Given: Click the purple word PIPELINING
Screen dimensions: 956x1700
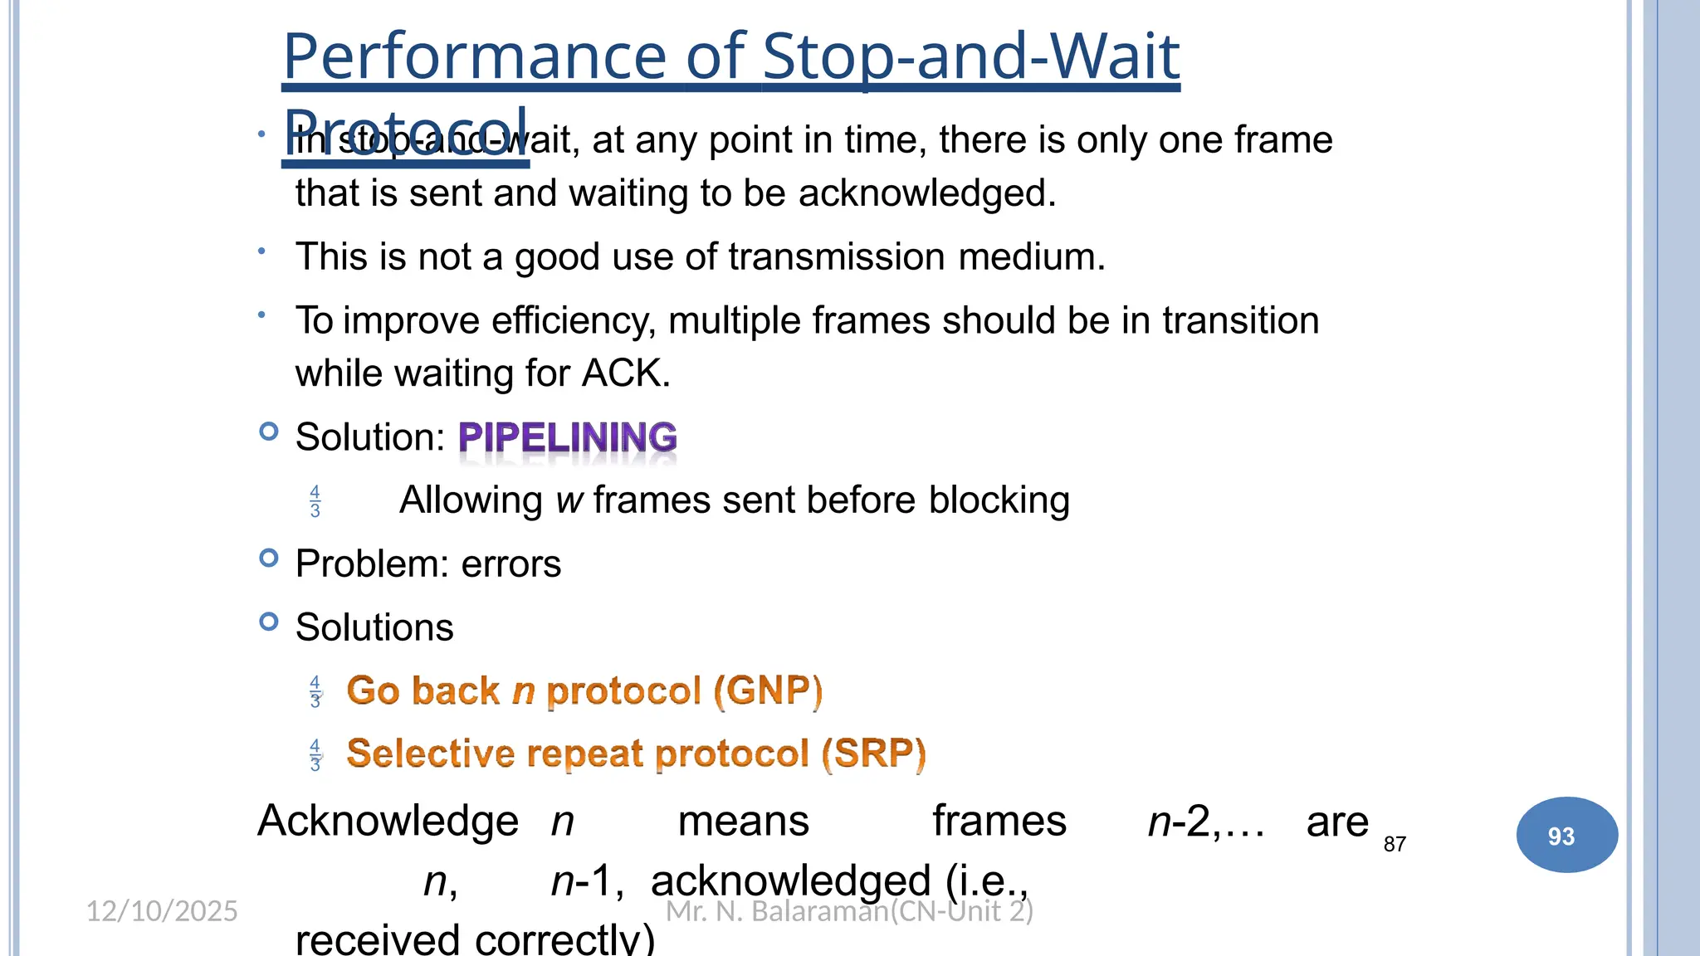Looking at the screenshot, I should (x=568, y=437).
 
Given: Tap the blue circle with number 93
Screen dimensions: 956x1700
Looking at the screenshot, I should (x=1566, y=835).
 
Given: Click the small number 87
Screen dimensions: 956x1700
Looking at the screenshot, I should (x=1395, y=844).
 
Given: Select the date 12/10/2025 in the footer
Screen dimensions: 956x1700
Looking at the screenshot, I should (x=162, y=911).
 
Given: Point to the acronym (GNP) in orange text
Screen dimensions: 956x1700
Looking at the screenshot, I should (x=767, y=690).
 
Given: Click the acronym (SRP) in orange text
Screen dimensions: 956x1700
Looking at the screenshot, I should (x=873, y=754).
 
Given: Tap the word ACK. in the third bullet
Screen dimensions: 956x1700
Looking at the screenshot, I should (x=626, y=373).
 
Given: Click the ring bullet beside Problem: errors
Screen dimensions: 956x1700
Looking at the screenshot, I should (x=268, y=558).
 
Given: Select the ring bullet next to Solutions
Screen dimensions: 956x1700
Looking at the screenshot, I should (x=268, y=622).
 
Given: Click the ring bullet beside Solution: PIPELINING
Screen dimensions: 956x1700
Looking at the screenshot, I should (x=268, y=432).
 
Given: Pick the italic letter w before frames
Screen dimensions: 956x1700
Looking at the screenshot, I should (x=569, y=500).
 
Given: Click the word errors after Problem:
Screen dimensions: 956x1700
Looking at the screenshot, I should (x=510, y=564).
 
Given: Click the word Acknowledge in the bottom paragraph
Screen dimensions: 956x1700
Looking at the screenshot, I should (x=388, y=822).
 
